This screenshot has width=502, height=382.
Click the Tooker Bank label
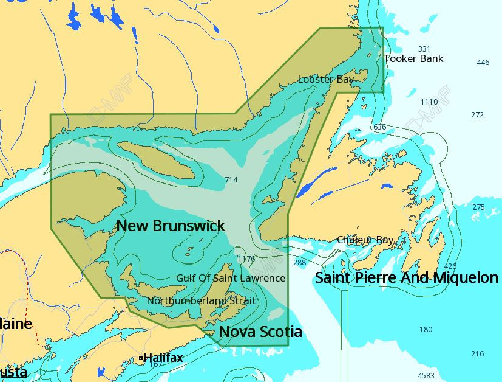tap(413, 59)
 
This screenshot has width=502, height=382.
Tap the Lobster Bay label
tap(326, 80)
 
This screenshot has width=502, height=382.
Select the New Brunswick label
tap(171, 226)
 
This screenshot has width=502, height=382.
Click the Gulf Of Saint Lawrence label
tap(230, 278)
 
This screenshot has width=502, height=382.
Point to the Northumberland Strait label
tap(201, 301)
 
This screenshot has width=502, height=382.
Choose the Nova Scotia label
tap(260, 332)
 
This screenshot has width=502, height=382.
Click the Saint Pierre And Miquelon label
tap(406, 278)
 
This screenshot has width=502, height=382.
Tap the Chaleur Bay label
tap(365, 240)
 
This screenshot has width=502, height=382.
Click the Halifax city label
tap(163, 358)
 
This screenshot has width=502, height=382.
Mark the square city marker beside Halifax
tap(141, 358)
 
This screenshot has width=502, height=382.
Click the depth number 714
tap(231, 180)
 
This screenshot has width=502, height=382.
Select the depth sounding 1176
tap(246, 259)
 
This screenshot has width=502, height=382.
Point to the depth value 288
tap(300, 263)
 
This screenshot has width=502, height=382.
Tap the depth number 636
tap(379, 127)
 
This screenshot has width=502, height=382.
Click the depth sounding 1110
tap(429, 102)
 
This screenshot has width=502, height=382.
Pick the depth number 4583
tap(426, 375)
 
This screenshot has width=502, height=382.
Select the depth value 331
tap(424, 49)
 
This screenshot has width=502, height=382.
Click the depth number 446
tap(483, 63)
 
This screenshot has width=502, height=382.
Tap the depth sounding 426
tap(450, 266)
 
